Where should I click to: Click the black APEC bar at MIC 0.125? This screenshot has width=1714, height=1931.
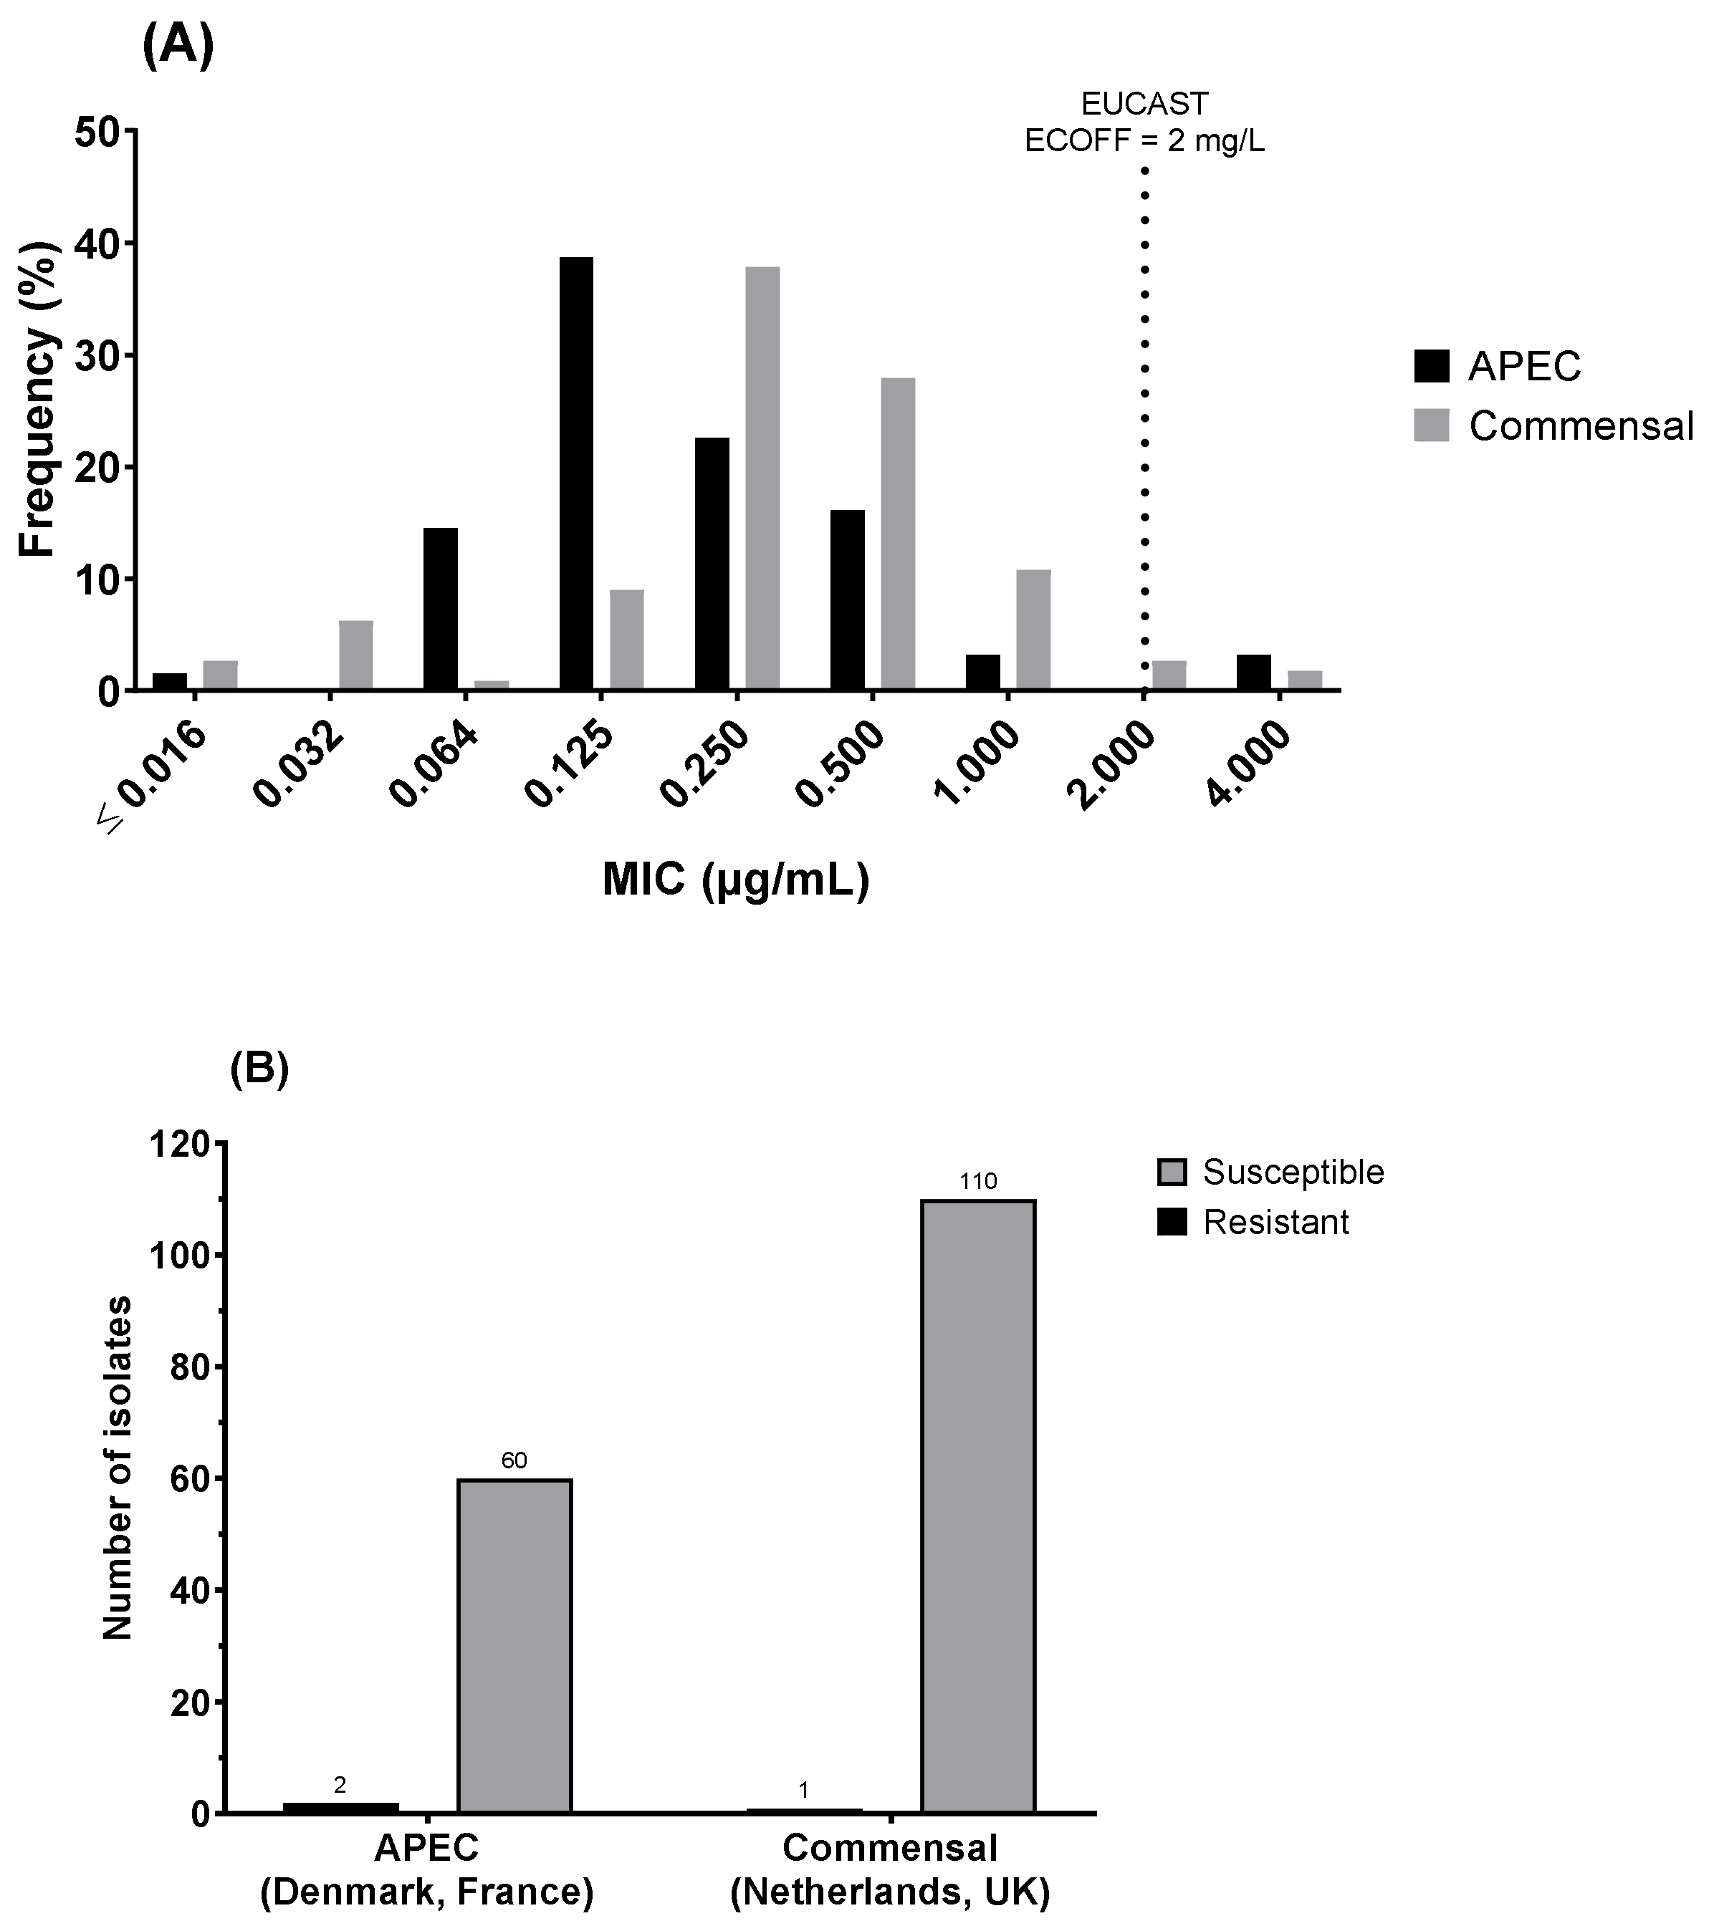[x=576, y=473]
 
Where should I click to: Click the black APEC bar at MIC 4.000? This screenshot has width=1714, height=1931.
[x=1253, y=672]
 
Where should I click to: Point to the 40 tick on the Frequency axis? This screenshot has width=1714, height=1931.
[x=97, y=244]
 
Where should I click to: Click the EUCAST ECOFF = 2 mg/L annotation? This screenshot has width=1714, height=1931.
[x=1144, y=122]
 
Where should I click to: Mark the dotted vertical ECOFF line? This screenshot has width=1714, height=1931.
[x=1144, y=425]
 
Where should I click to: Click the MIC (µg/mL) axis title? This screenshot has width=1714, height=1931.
[x=735, y=880]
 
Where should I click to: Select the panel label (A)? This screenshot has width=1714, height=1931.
[x=178, y=45]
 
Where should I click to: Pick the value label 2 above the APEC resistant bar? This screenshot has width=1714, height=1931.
[x=340, y=1785]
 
